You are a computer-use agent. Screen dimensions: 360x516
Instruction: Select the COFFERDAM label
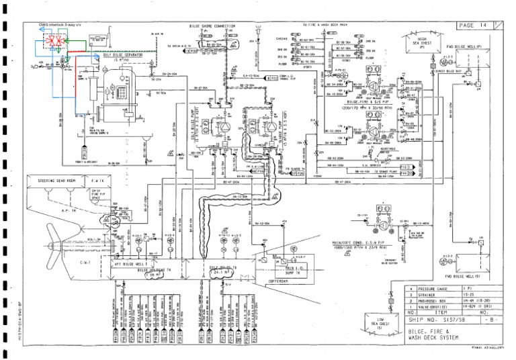pos(282,282)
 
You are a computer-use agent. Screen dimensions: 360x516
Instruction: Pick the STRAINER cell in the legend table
pos(430,294)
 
